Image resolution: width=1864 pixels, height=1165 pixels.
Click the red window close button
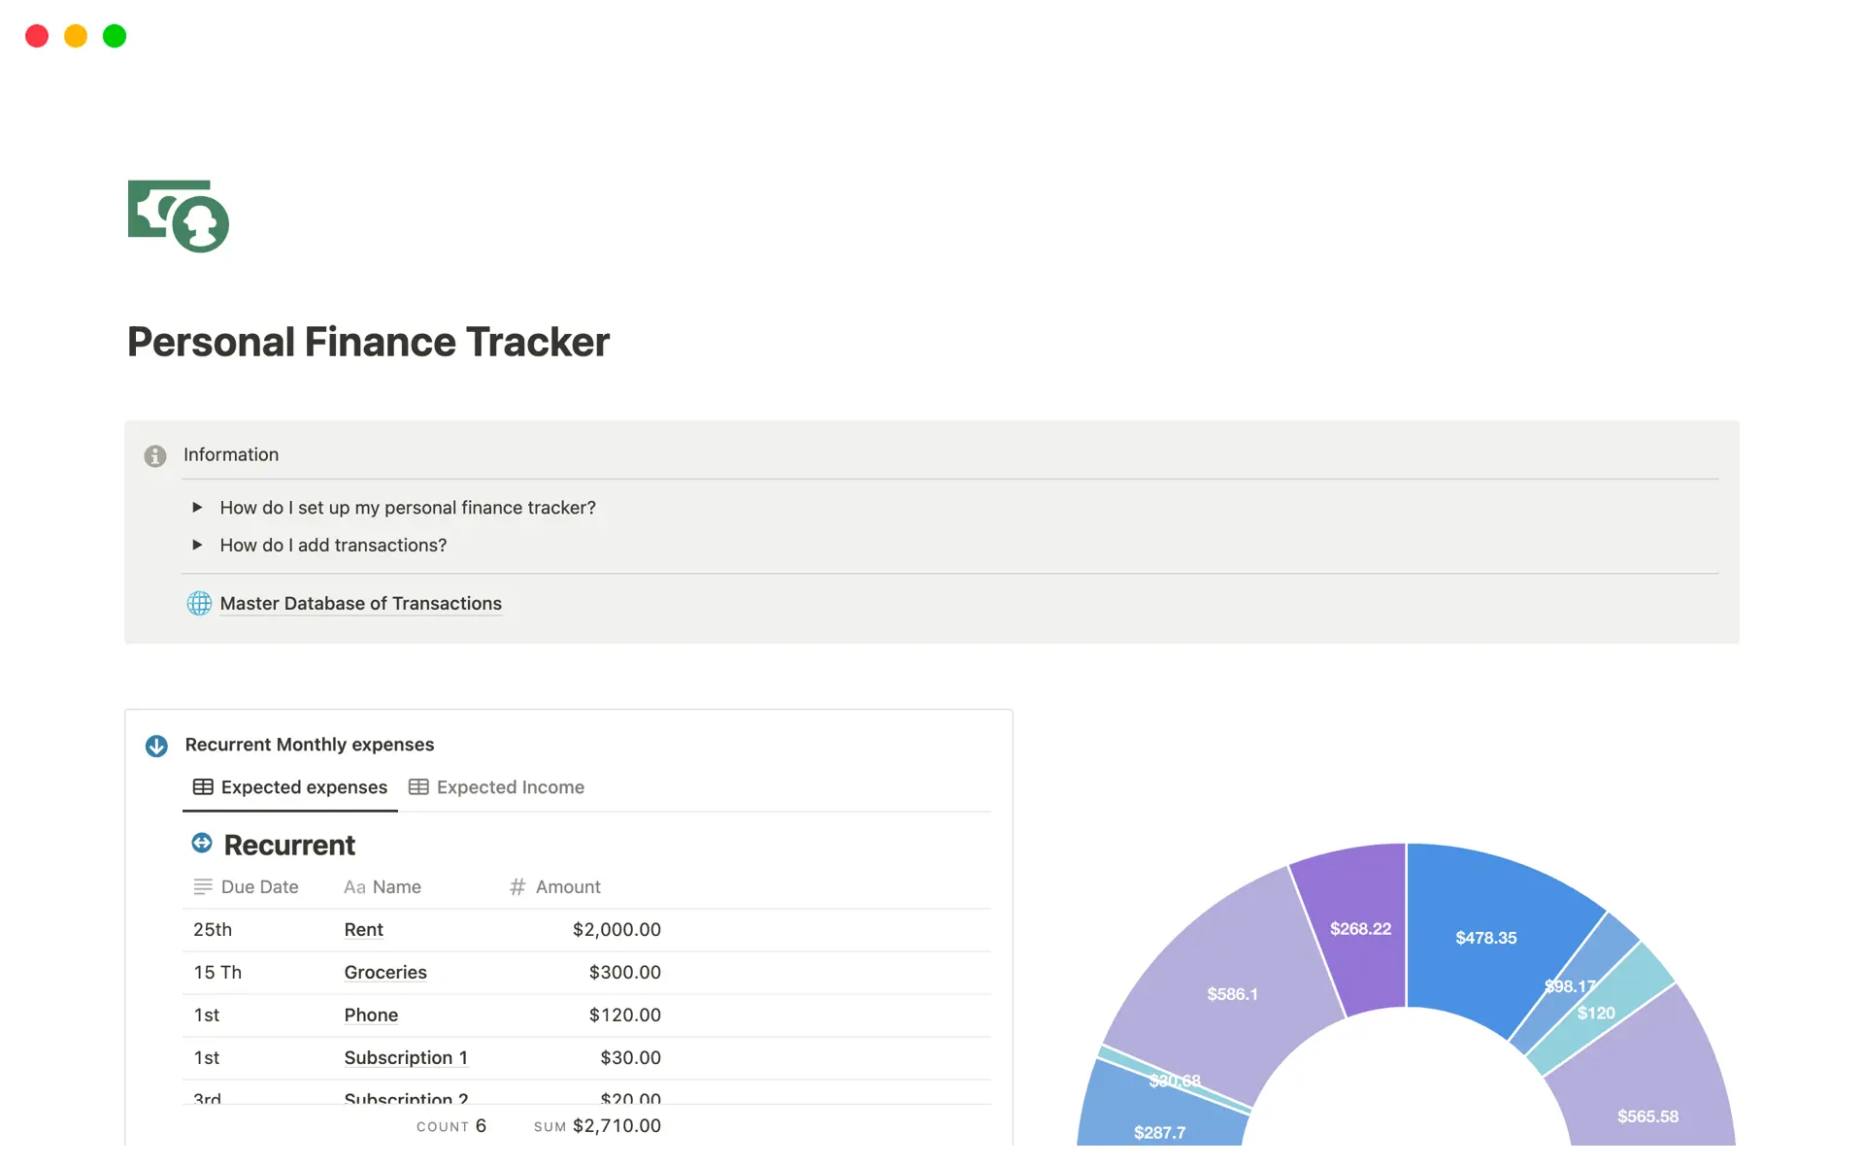tap(37, 36)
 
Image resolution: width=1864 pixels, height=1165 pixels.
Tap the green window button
tap(115, 36)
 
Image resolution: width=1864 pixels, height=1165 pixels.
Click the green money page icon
tap(179, 216)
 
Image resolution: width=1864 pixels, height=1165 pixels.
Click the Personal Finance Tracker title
tap(368, 342)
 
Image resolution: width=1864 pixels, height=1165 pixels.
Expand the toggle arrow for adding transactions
tap(197, 545)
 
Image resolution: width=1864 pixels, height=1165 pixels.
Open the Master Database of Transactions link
tap(360, 603)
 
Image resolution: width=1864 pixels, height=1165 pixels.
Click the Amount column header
tap(567, 886)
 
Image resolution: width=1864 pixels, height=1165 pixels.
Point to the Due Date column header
tap(258, 886)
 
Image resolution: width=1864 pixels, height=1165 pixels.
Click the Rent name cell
tap(363, 929)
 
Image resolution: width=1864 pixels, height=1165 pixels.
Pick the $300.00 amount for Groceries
tap(624, 972)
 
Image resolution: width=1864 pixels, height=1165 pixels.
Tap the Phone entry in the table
tap(371, 1015)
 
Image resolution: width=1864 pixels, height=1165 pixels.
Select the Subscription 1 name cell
tap(406, 1057)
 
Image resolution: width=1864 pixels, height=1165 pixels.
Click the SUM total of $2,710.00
tap(616, 1125)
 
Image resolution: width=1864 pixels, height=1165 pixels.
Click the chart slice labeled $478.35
tap(1485, 937)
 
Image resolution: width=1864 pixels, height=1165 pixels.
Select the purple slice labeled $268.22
tap(1360, 928)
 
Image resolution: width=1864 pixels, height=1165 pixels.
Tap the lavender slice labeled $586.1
tap(1232, 993)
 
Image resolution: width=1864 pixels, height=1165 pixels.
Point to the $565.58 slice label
tap(1648, 1115)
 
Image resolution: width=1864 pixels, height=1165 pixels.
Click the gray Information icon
tap(155, 455)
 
